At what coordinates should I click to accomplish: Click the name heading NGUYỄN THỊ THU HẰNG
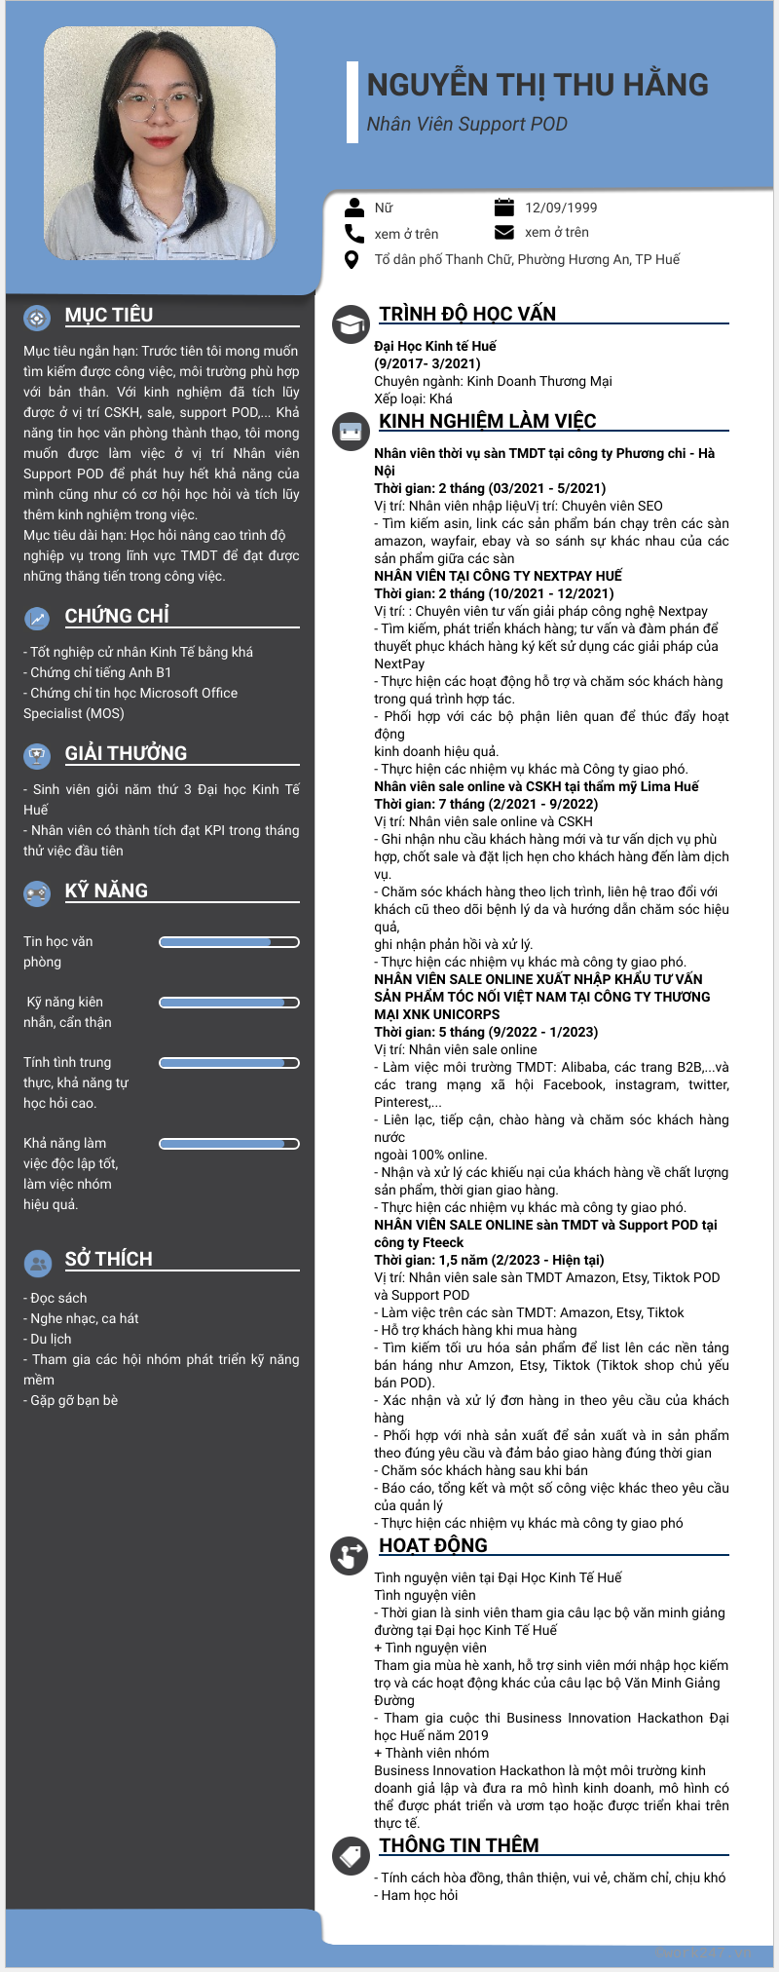538,85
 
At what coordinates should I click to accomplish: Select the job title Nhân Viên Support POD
466,125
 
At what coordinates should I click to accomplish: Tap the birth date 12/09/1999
561,208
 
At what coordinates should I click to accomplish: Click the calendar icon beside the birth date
503,207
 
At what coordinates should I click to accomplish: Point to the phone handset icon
353,233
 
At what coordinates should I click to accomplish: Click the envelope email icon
503,232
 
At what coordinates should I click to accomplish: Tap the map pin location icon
352,259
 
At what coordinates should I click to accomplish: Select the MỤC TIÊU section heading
109,315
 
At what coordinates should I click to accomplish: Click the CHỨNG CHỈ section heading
117,616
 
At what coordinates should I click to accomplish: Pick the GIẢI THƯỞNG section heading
126,753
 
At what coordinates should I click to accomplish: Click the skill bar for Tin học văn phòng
229,942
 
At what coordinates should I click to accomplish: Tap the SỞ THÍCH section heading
108,1259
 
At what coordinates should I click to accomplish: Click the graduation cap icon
350,324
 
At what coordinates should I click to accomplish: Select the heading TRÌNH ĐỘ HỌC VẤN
467,314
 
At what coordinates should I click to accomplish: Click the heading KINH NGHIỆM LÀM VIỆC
487,421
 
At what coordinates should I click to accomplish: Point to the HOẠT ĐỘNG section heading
432,1545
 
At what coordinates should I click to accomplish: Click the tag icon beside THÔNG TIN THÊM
350,1856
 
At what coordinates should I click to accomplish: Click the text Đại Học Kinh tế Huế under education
434,346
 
